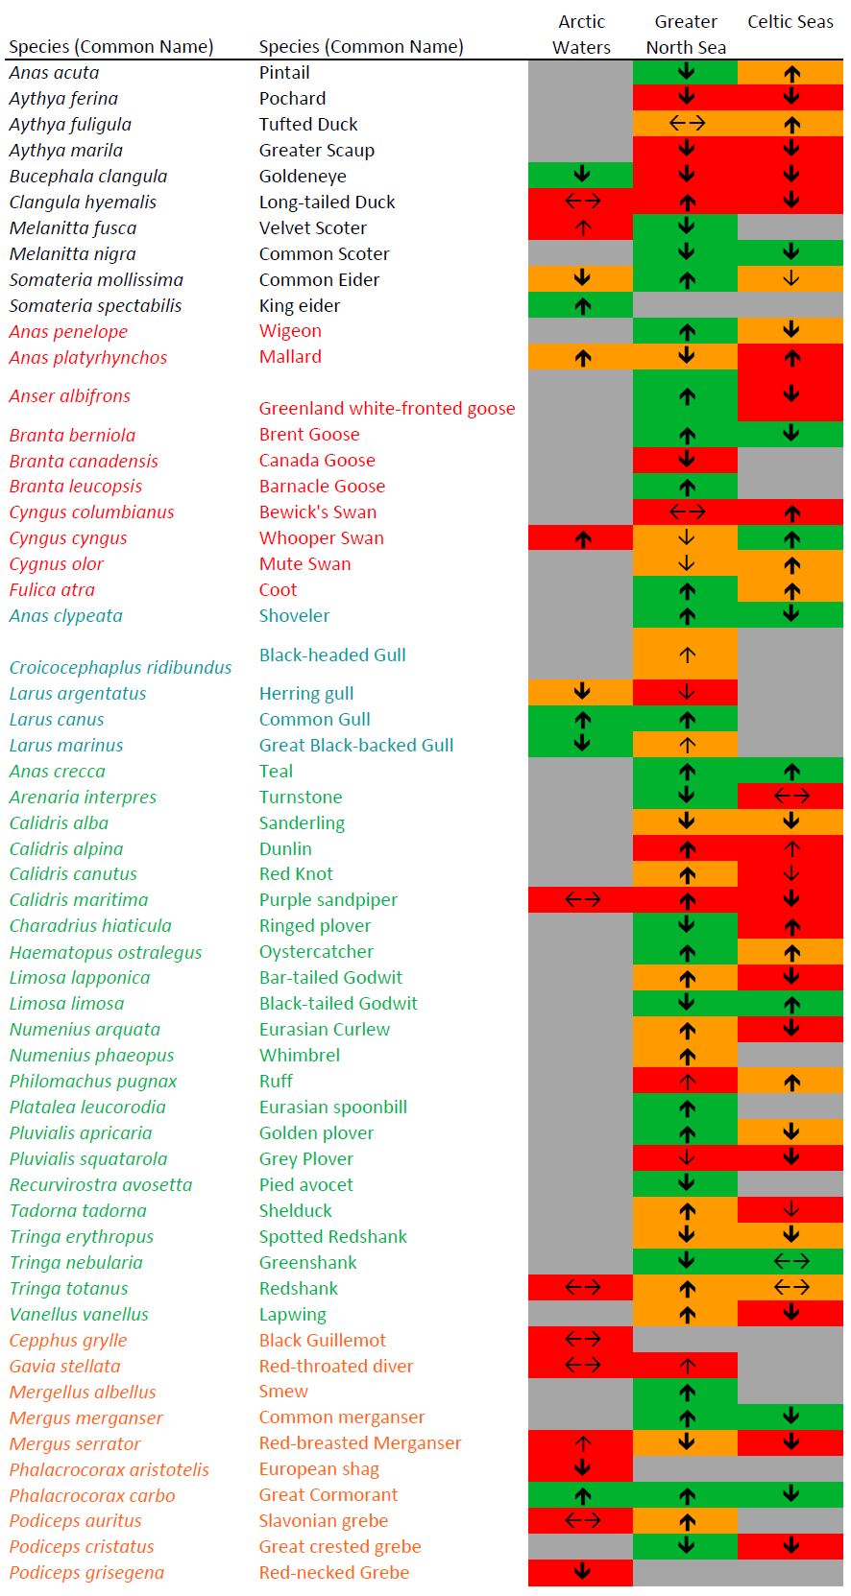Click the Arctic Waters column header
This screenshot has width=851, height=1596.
[x=581, y=35]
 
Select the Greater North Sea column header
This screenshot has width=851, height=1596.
[x=686, y=35]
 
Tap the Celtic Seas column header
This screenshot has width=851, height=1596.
[x=790, y=22]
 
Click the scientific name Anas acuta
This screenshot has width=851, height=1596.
[x=54, y=73]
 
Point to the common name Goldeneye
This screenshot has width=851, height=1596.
[x=303, y=177]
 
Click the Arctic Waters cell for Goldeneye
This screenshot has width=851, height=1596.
[x=581, y=175]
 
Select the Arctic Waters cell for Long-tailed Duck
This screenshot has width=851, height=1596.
[x=581, y=201]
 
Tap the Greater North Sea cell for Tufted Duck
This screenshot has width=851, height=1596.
[x=686, y=123]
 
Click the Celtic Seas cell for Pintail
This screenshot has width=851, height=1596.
[x=790, y=72]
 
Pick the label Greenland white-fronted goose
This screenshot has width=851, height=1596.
[x=387, y=409]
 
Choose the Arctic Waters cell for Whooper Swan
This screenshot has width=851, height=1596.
[x=581, y=538]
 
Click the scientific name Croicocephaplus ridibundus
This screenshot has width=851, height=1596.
[x=120, y=668]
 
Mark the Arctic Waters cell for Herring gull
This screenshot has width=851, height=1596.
[x=581, y=692]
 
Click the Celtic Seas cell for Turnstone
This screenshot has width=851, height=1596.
[x=790, y=796]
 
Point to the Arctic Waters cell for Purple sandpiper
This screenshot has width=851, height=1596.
[x=581, y=899]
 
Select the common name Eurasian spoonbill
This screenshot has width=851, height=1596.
[x=332, y=1108]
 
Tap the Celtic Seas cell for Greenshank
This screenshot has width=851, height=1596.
[x=790, y=1261]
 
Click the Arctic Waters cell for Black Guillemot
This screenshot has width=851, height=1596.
[x=581, y=1339]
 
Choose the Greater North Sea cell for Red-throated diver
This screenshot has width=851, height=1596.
[x=686, y=1365]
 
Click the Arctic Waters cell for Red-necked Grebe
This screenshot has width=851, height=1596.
[x=581, y=1572]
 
